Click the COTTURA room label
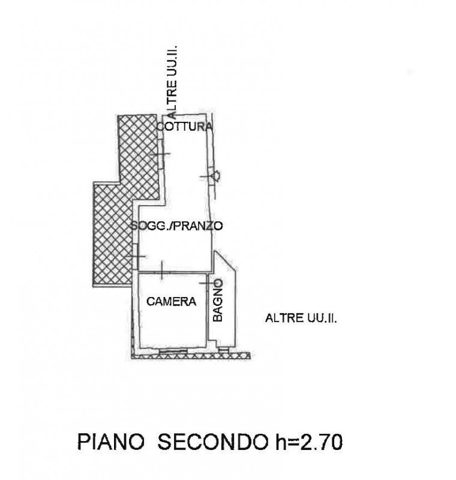point(184,127)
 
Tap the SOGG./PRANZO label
point(177,226)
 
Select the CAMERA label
point(172,302)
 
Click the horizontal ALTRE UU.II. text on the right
point(301,319)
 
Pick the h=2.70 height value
point(308,443)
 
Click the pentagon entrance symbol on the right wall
point(215,176)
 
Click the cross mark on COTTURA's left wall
point(160,155)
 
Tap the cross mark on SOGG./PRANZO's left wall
point(136,257)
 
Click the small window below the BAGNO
point(223,349)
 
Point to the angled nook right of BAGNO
point(230,300)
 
